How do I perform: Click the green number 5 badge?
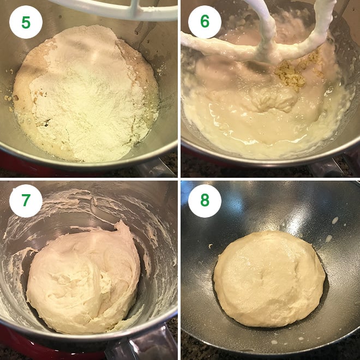[26, 22]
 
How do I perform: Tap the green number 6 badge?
[205, 22]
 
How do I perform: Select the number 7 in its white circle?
[26, 201]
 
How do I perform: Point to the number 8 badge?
[205, 201]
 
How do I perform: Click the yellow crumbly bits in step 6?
[292, 74]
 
